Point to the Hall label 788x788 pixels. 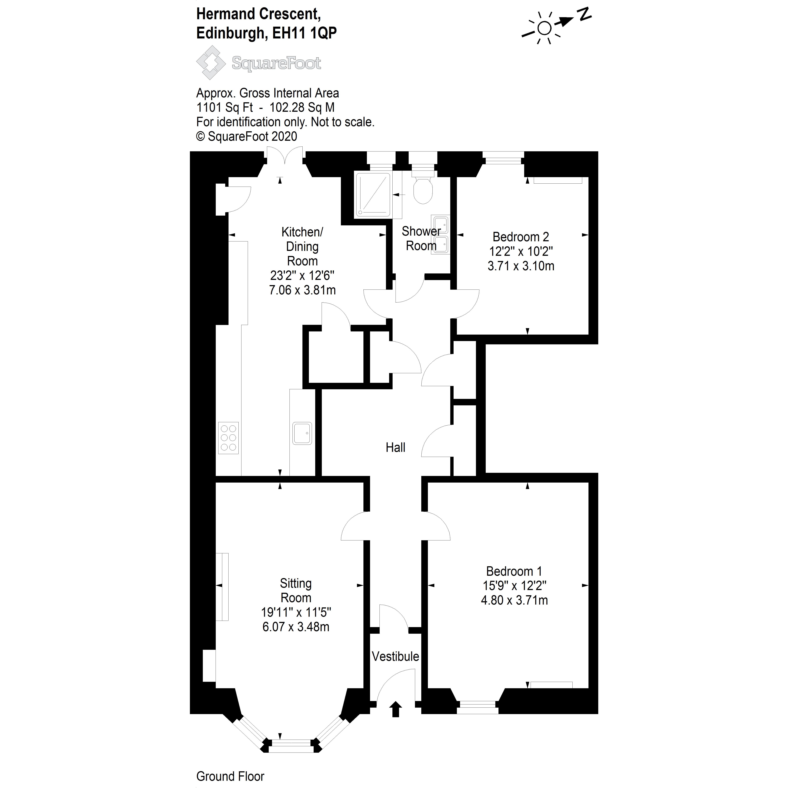395,447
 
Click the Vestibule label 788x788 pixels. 395,656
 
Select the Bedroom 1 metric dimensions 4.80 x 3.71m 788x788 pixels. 514,600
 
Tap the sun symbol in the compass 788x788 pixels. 544,28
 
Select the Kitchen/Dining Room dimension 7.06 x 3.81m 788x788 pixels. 302,290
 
